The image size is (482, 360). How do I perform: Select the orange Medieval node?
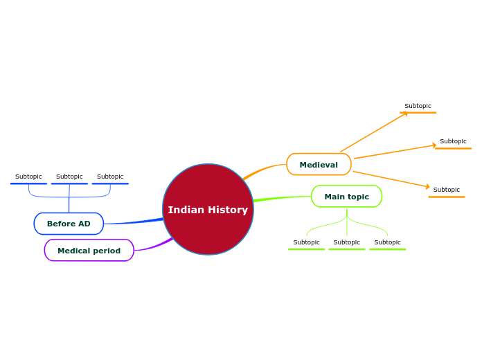(319, 165)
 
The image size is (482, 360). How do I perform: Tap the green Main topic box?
(346, 197)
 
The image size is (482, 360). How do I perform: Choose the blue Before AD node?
(69, 224)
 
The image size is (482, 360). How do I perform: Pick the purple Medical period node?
(89, 251)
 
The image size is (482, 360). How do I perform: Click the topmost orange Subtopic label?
(418, 106)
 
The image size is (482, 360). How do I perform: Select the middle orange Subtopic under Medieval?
(453, 141)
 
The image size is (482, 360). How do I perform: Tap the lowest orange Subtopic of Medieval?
(446, 190)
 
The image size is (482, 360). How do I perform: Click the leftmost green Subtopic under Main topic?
(306, 242)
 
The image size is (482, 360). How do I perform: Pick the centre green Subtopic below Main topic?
(346, 242)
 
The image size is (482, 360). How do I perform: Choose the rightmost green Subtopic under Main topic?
(387, 242)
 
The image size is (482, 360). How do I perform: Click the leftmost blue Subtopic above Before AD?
(28, 177)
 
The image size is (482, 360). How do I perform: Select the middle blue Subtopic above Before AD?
(69, 177)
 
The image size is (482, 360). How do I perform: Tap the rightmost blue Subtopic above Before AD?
(110, 177)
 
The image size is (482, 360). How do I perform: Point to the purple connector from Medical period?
(154, 246)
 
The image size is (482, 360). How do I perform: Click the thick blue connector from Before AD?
(135, 222)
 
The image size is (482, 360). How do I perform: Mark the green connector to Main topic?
(280, 199)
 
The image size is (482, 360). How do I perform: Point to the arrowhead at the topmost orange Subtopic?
(405, 114)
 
